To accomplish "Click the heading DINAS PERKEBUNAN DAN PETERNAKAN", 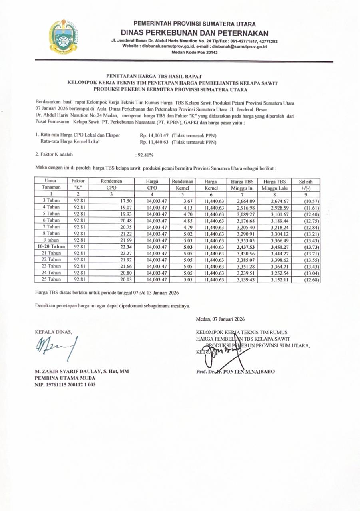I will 195,33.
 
